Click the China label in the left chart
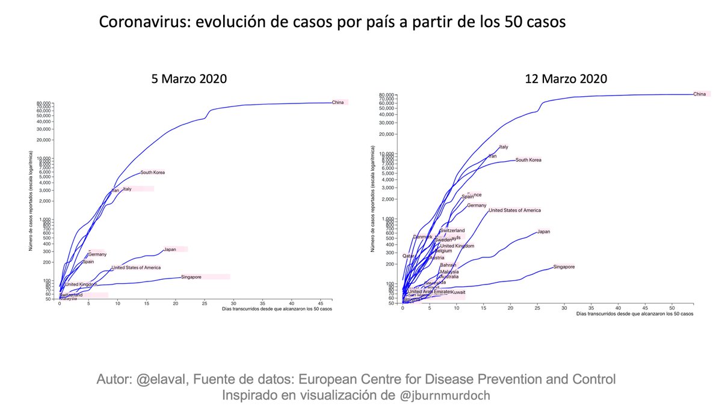tap(338, 102)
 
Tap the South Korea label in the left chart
tap(152, 173)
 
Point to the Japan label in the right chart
tap(543, 232)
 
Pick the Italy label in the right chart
tap(504, 147)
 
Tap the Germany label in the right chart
tap(477, 206)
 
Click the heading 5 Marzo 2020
tap(190, 79)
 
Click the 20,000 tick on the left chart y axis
tap(46, 140)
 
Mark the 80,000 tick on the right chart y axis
tap(386, 95)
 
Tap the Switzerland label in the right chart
tap(452, 230)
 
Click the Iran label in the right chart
tap(492, 156)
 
